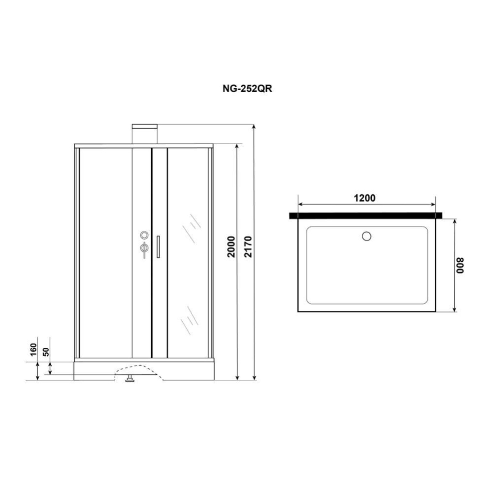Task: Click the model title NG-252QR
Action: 247,89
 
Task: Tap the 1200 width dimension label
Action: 364,198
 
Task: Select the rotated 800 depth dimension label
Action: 460,265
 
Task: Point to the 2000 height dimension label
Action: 231,247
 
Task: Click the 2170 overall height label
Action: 248,247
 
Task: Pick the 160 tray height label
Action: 33,350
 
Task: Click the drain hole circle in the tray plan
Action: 367,236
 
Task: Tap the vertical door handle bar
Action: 158,247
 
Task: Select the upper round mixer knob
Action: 144,235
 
